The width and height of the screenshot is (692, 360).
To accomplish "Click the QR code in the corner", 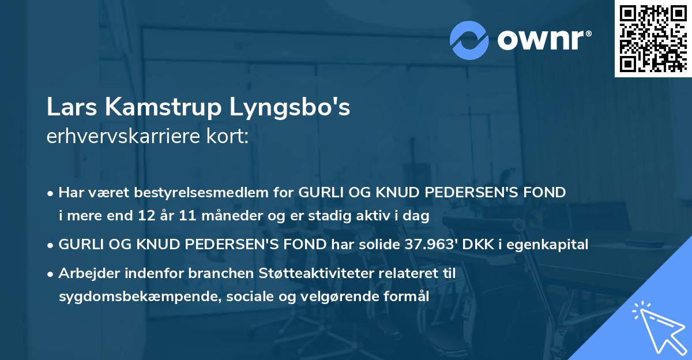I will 652,39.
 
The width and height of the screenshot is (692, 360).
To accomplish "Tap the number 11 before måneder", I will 166,216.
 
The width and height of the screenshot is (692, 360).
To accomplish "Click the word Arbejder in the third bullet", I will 85,273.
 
